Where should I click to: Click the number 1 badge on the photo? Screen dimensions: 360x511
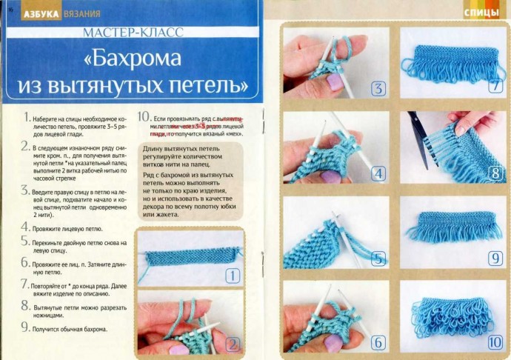pos(233,277)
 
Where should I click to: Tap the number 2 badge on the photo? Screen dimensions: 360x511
pos(233,344)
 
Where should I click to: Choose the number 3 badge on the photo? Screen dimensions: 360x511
pos(378,90)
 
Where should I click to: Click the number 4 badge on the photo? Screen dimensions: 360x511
pos(378,174)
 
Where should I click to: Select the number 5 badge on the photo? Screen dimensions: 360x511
pos(378,259)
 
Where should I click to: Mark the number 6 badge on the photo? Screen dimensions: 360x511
pos(378,342)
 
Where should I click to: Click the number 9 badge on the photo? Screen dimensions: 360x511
pos(495,259)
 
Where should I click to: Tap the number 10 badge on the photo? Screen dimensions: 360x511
pos(495,342)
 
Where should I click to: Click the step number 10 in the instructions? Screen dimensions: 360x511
pos(144,117)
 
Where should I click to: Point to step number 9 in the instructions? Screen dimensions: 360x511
pos(25,327)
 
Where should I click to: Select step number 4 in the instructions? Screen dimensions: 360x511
pos(25,229)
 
